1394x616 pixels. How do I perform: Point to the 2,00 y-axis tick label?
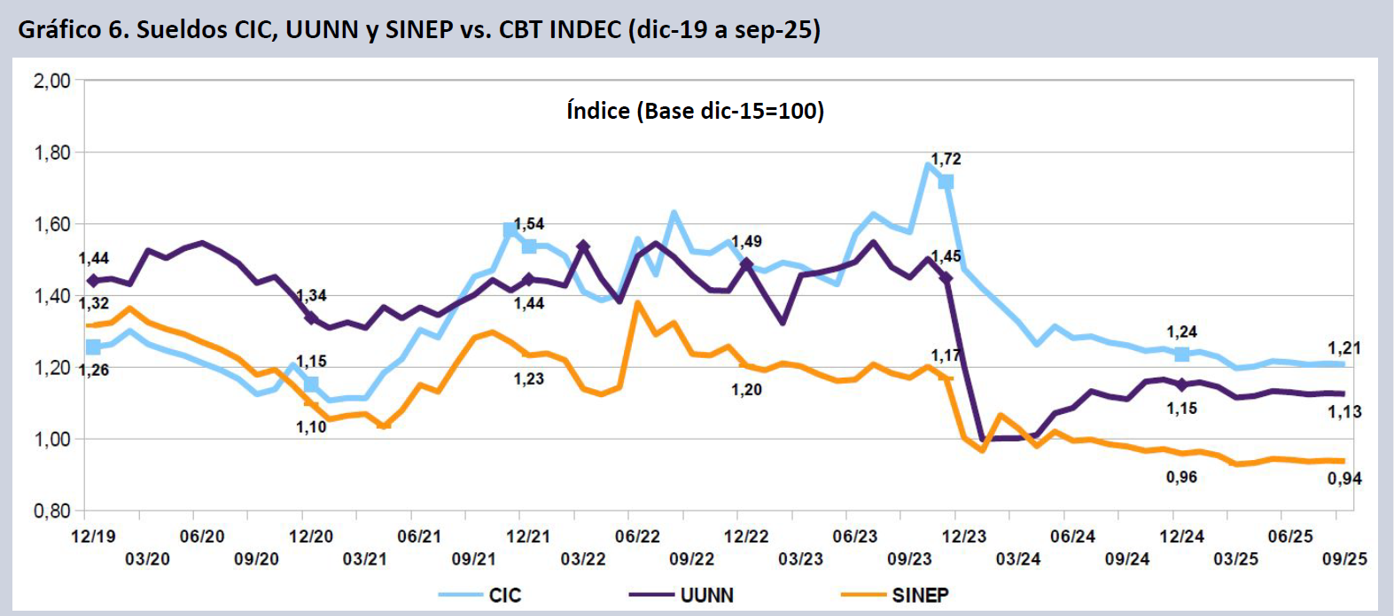pyautogui.click(x=52, y=81)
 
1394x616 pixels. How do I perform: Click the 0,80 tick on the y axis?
pyautogui.click(x=52, y=511)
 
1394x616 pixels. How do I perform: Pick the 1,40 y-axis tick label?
pyautogui.click(x=52, y=296)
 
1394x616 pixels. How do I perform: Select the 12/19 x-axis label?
pyautogui.click(x=93, y=536)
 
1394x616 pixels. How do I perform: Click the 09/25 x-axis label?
pyautogui.click(x=1344, y=559)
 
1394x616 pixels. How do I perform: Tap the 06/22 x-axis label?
pyautogui.click(x=637, y=536)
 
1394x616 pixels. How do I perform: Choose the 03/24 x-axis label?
pyautogui.click(x=1017, y=559)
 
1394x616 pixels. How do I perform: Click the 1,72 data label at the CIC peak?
pyautogui.click(x=946, y=160)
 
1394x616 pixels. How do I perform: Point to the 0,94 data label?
pyautogui.click(x=1344, y=479)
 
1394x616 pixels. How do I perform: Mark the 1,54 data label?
pyautogui.click(x=529, y=224)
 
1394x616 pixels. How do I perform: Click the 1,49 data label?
pyautogui.click(x=747, y=241)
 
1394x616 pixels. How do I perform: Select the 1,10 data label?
pyautogui.click(x=311, y=427)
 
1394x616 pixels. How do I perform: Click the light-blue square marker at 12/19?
pyautogui.click(x=93, y=347)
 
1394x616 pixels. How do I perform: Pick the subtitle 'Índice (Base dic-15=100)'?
pyautogui.click(x=695, y=111)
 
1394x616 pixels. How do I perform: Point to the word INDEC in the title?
pyautogui.click(x=585, y=29)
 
